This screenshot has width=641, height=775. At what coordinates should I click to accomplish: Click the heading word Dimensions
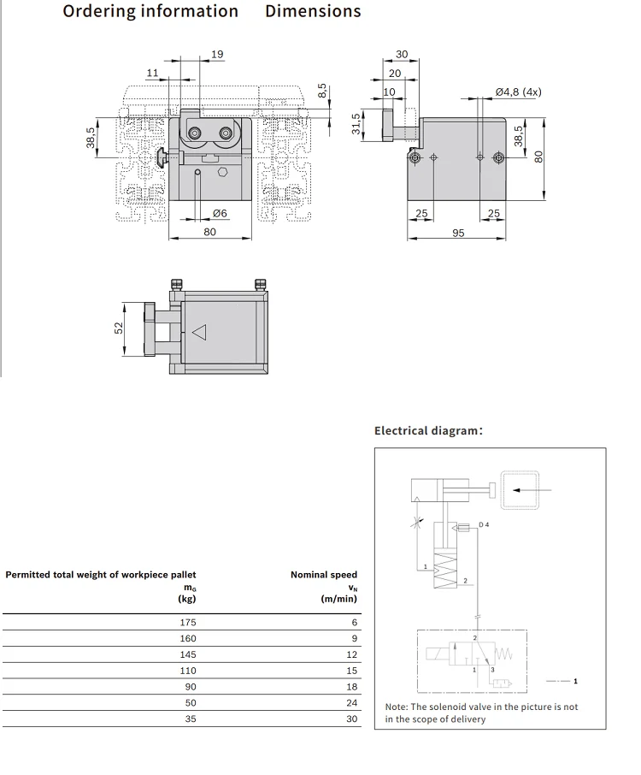[x=313, y=12]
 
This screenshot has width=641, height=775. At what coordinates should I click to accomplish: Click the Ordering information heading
[x=150, y=12]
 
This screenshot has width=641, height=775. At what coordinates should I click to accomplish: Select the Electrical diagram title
[x=428, y=430]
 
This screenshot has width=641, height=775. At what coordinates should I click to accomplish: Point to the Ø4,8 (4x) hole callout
[x=518, y=92]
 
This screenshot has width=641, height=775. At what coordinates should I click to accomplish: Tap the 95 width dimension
[x=458, y=233]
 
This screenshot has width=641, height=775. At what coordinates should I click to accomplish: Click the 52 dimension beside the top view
[x=120, y=328]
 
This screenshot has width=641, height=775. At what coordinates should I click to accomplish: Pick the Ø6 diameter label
[x=220, y=213]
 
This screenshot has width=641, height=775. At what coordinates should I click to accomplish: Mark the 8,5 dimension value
[x=322, y=91]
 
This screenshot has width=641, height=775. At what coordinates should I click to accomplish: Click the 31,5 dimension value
[x=356, y=123]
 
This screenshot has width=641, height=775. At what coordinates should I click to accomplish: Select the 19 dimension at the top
[x=217, y=55]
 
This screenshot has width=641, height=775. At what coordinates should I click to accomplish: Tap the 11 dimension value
[x=152, y=74]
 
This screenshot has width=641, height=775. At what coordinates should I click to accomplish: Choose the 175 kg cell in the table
[x=188, y=623]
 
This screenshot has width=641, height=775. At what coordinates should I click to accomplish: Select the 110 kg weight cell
[x=188, y=671]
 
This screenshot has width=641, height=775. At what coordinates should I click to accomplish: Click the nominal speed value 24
[x=353, y=703]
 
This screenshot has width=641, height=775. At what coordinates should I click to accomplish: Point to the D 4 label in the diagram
[x=484, y=524]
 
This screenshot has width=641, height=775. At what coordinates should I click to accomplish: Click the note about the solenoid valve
[x=481, y=713]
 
